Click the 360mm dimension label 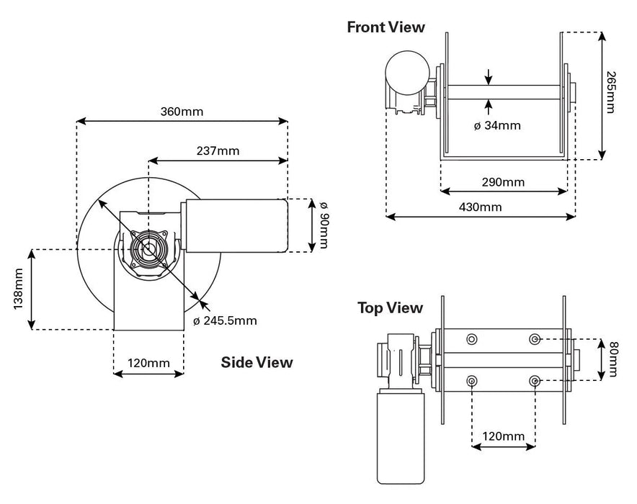pyautogui.click(x=182, y=112)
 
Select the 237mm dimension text pyautogui.click(x=218, y=150)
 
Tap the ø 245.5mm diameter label pyautogui.click(x=225, y=320)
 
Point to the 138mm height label pyautogui.click(x=19, y=289)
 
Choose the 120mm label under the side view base pyautogui.click(x=148, y=362)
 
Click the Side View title pyautogui.click(x=257, y=362)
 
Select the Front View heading pyautogui.click(x=386, y=27)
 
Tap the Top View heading pyautogui.click(x=390, y=308)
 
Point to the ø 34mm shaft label pyautogui.click(x=497, y=125)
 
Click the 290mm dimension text pyautogui.click(x=503, y=181)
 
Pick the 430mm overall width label pyautogui.click(x=481, y=207)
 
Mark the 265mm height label pyautogui.click(x=611, y=92)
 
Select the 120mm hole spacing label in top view pyautogui.click(x=503, y=436)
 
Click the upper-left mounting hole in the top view pyautogui.click(x=472, y=339)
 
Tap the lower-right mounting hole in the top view pyautogui.click(x=534, y=380)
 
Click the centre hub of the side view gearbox pyautogui.click(x=149, y=250)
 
